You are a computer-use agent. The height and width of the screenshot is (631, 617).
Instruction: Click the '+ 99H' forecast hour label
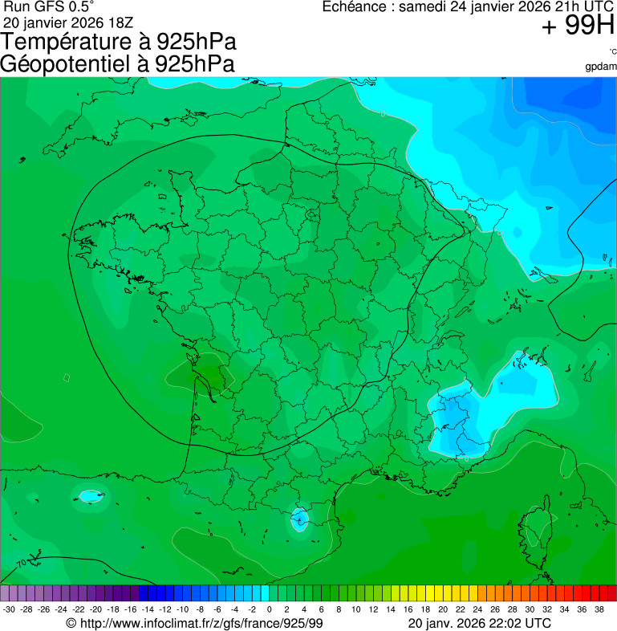tap(578, 26)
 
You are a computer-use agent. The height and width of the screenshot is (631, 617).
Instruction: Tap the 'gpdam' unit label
tap(601, 67)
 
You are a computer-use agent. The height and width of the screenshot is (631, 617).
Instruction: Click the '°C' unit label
tap(612, 52)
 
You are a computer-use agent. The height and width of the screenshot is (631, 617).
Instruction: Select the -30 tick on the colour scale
tap(10, 609)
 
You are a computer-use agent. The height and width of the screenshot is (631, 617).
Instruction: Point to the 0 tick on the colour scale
tap(269, 609)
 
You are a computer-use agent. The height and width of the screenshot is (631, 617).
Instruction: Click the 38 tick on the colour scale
tap(598, 609)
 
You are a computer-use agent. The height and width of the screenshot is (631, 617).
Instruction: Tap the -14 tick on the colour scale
tap(148, 609)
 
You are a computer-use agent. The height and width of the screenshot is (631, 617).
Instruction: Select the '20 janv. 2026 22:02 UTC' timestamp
tap(480, 623)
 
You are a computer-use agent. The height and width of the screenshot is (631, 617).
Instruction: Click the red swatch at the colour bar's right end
tap(611, 593)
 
